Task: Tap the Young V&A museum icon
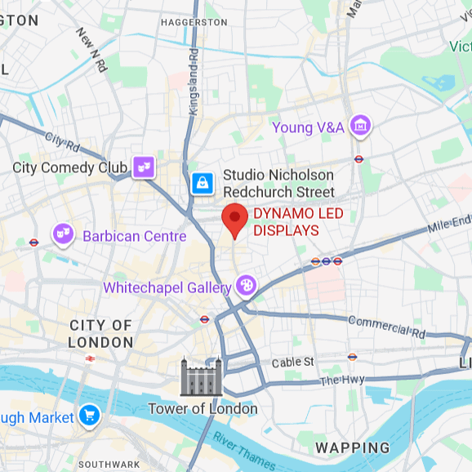coord(359,127)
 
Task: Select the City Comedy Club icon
coord(144,167)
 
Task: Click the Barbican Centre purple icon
coord(64,235)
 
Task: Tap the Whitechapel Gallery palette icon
coord(245,286)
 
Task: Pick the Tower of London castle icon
coord(201,377)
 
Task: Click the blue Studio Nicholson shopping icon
coord(202,183)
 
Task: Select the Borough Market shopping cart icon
coord(88,416)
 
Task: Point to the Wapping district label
coord(352,448)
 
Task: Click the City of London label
coord(100,334)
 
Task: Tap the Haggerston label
coord(194,21)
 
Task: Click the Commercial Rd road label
coord(386,326)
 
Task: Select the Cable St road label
coord(292,362)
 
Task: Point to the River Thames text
coord(244,450)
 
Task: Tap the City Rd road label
coord(63,145)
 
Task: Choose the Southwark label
coord(109,464)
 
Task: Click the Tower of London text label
coord(203,408)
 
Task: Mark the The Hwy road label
coord(341,381)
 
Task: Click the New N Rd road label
coord(91,50)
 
